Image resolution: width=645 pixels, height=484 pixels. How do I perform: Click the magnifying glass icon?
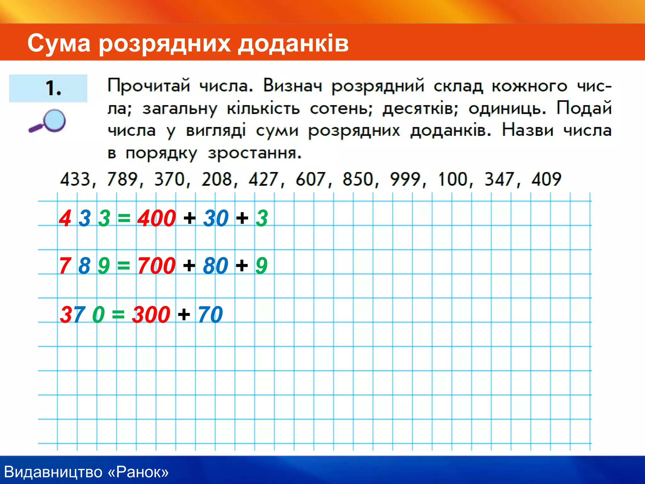tap(48, 121)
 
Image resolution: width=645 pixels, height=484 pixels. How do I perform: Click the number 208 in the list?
tap(217, 179)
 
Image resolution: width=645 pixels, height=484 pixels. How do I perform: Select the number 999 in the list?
tap(405, 179)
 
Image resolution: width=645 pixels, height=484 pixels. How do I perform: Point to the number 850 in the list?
tap(358, 179)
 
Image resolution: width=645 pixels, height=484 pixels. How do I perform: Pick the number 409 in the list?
tap(546, 179)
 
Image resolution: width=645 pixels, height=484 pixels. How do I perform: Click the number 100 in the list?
tap(453, 179)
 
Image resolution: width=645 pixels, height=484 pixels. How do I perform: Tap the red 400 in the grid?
tap(157, 218)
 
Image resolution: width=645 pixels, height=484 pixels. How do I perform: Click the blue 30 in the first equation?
tap(216, 218)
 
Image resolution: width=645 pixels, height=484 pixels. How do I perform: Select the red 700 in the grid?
tap(156, 266)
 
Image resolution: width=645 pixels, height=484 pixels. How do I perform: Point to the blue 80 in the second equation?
tap(215, 266)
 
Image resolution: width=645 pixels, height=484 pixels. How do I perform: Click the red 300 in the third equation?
tap(151, 314)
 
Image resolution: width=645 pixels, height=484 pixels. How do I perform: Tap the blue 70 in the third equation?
tap(210, 314)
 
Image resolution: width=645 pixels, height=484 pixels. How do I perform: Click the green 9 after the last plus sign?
tap(261, 266)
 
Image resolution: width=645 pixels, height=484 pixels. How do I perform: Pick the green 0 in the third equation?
tap(98, 314)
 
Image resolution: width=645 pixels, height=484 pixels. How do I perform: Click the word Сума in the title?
tap(59, 43)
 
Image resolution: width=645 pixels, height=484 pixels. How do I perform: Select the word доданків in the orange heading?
tap(293, 43)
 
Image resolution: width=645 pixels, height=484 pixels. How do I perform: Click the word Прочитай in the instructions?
tap(149, 85)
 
